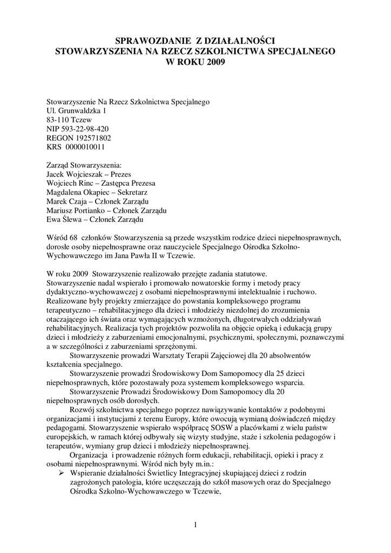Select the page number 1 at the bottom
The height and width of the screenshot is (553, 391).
[x=195, y=524]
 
